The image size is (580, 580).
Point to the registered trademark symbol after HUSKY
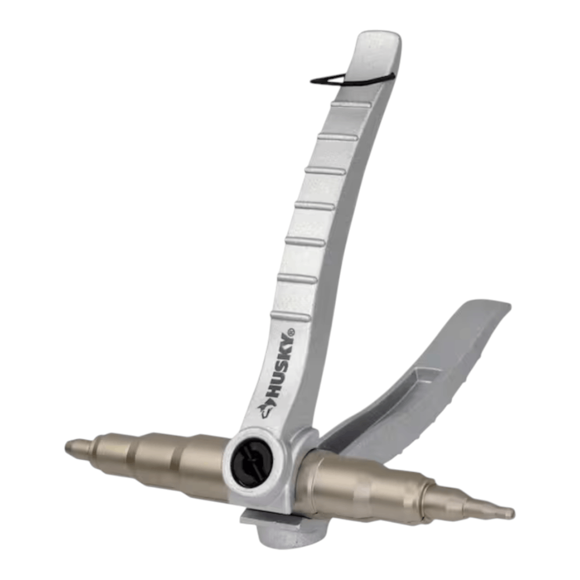pyautogui.click(x=292, y=332)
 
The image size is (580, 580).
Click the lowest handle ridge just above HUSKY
pyautogui.click(x=291, y=316)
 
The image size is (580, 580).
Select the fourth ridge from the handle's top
pyautogui.click(x=315, y=206)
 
